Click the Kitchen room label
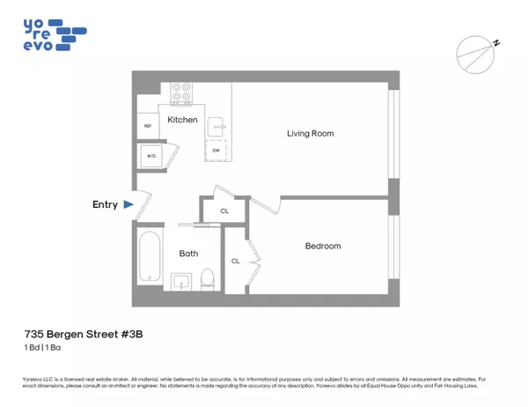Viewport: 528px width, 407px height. (181, 120)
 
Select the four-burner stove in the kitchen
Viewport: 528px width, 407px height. (181, 92)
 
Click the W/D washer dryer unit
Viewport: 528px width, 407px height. (148, 159)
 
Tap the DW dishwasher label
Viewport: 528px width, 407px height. (216, 151)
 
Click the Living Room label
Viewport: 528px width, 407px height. (310, 134)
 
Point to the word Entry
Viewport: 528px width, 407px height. (105, 204)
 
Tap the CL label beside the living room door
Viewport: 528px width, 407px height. (224, 211)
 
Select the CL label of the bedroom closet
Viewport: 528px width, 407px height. (236, 261)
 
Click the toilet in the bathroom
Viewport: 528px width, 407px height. (207, 278)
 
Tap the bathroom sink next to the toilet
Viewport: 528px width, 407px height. (183, 281)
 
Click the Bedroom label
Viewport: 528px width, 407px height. (322, 246)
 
